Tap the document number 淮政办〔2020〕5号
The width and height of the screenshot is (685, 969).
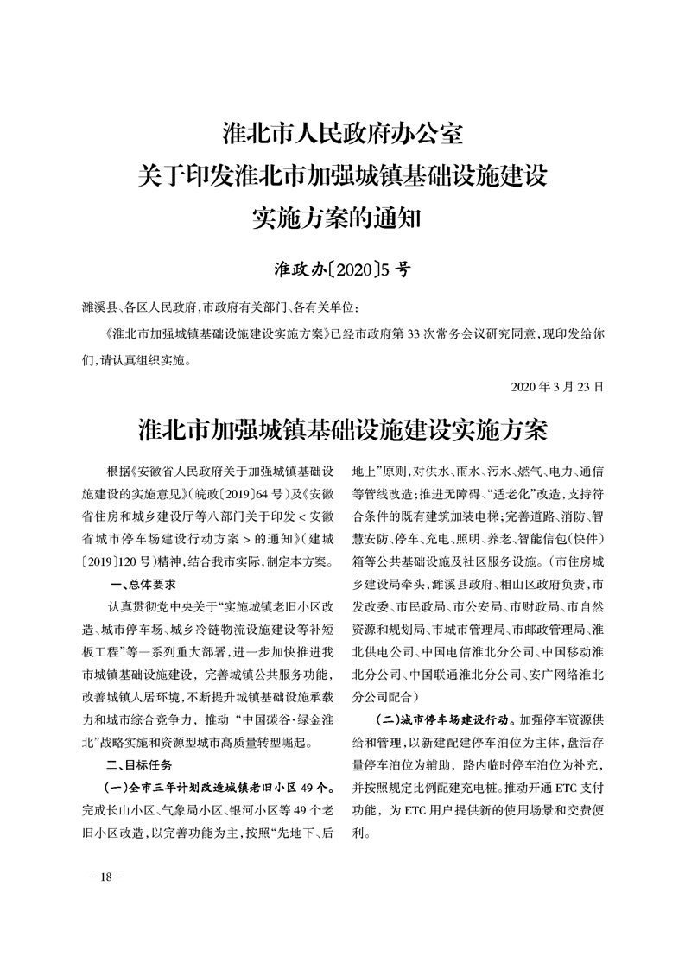pyautogui.click(x=342, y=270)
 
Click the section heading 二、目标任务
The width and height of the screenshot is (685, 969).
pyautogui.click(x=138, y=765)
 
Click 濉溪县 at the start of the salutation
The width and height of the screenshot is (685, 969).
pyautogui.click(x=97, y=307)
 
